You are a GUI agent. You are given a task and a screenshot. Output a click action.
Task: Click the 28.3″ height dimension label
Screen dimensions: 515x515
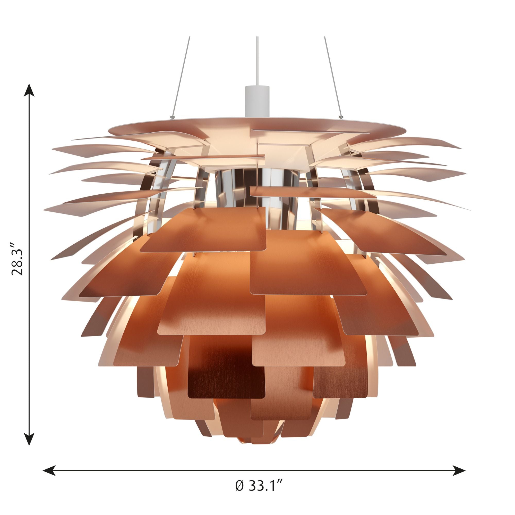pos(18,259)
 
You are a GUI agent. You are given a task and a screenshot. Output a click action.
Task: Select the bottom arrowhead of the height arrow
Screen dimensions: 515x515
pos(29,436)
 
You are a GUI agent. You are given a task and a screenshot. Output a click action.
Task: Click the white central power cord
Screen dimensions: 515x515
pos(257,61)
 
